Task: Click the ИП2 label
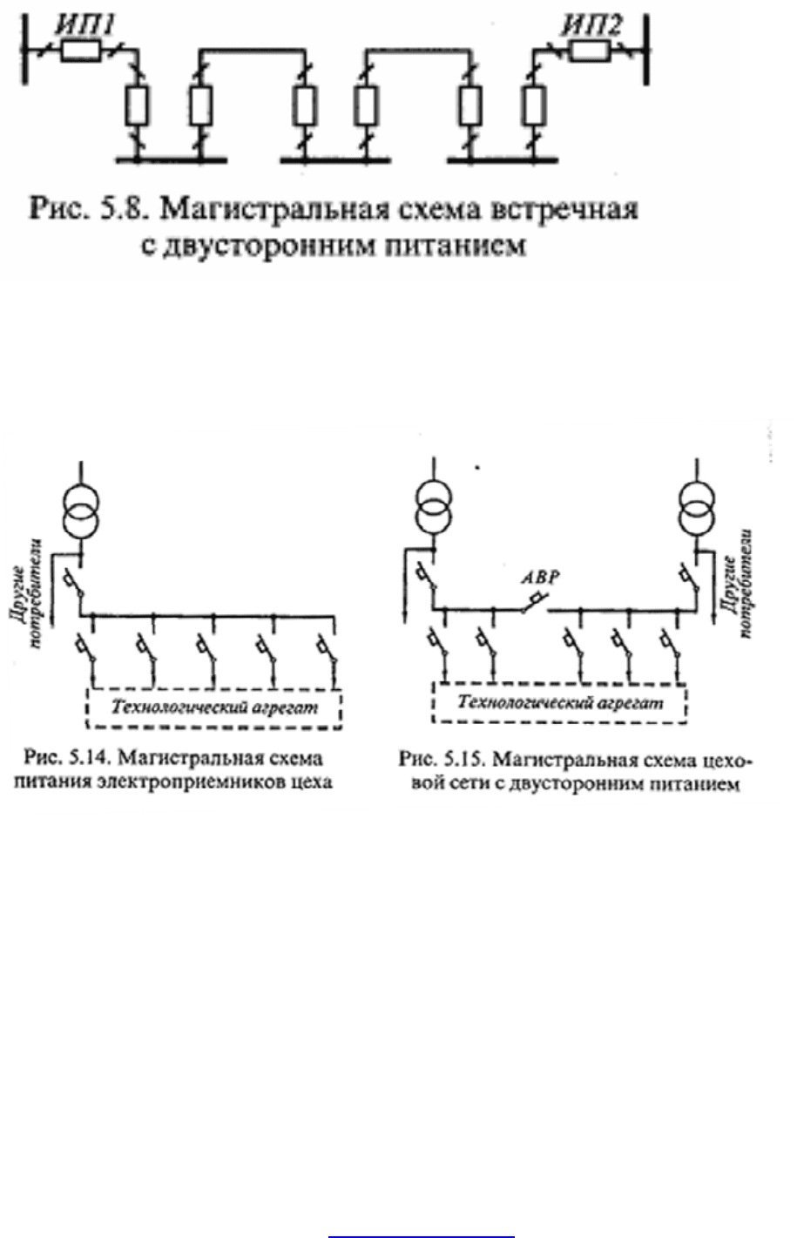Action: (592, 25)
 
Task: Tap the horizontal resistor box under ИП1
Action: (81, 51)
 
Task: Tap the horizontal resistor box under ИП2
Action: (591, 51)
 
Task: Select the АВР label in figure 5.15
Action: (541, 578)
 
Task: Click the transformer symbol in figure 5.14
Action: (81, 511)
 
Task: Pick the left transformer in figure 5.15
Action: (434, 508)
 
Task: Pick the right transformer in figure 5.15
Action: (697, 508)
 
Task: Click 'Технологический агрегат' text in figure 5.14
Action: (214, 708)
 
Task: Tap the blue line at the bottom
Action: (422, 1236)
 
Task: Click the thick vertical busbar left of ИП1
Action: (24, 50)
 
